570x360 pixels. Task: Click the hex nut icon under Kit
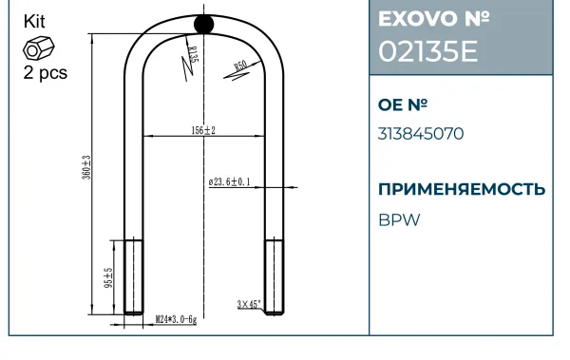point(39,48)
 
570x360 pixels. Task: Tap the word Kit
point(34,22)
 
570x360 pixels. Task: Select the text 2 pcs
point(46,72)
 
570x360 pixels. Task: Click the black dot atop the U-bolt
point(203,24)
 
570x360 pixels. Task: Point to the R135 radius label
point(193,54)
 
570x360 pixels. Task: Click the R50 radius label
point(240,66)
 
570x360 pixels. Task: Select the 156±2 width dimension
point(203,130)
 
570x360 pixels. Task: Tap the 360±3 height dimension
point(86,167)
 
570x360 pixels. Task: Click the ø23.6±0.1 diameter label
point(229,181)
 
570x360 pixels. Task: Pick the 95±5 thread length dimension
point(108,277)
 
